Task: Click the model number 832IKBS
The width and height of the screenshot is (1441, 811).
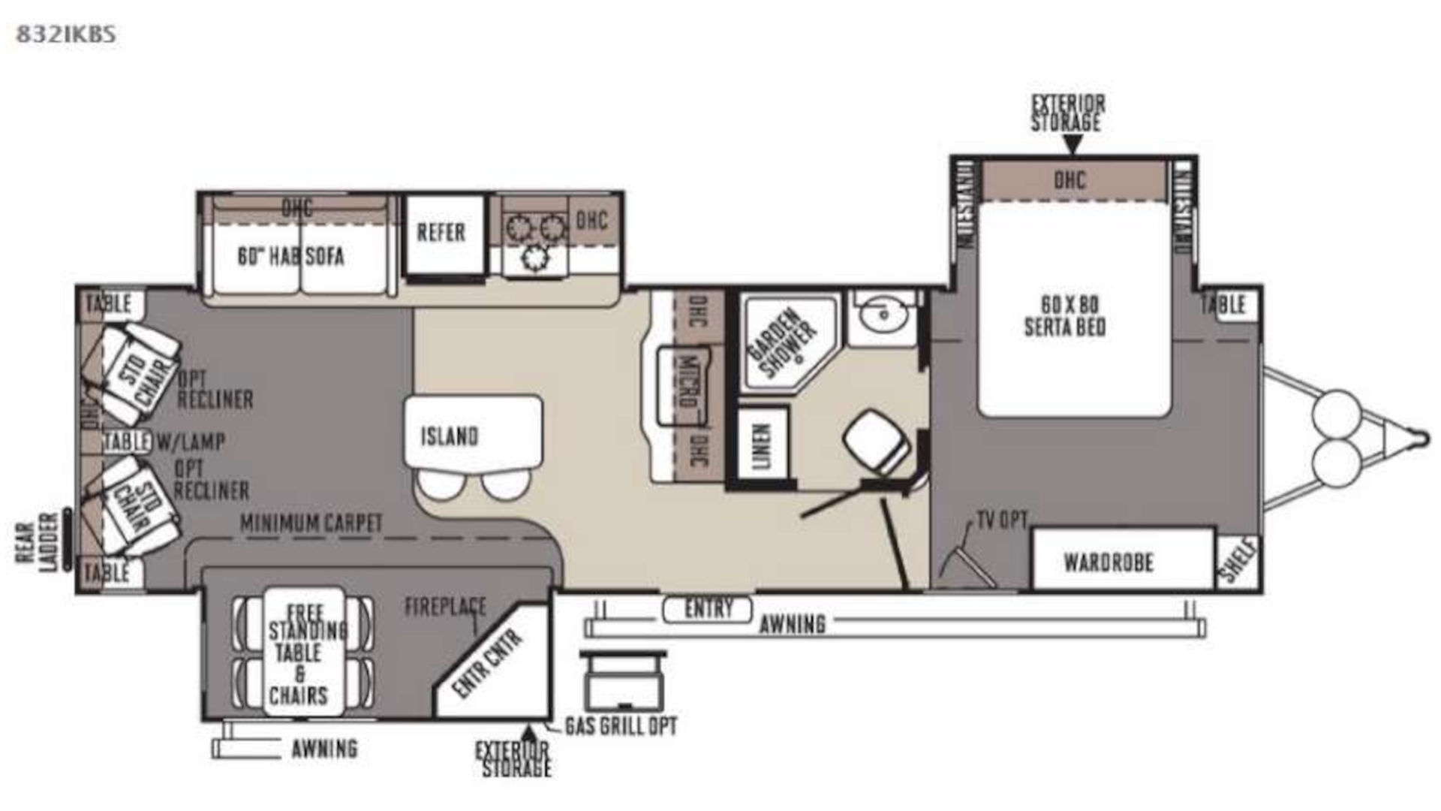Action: point(66,35)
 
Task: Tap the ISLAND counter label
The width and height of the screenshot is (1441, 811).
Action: point(449,436)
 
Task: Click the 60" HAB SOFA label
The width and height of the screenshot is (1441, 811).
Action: point(291,257)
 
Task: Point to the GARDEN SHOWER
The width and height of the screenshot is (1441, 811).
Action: point(787,342)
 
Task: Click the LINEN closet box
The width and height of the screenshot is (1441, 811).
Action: point(762,446)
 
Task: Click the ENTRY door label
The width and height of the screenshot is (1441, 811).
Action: point(707,609)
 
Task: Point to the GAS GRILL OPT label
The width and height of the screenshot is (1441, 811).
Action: point(621,726)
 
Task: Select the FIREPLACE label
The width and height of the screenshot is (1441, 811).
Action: point(445,607)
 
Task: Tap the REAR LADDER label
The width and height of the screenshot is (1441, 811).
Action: point(36,542)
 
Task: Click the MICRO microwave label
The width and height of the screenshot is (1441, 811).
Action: point(687,381)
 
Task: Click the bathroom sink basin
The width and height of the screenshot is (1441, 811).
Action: point(883,315)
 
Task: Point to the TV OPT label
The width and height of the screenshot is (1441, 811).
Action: point(1001,520)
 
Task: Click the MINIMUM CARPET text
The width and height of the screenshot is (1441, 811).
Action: point(311,523)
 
